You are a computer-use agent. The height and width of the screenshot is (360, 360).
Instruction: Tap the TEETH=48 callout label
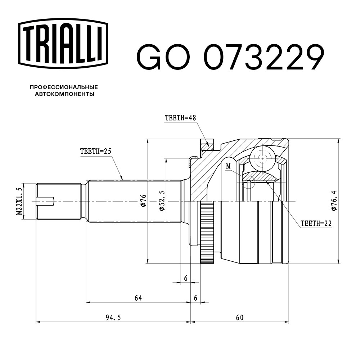click(180, 118)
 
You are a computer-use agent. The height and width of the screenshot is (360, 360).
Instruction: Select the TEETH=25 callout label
click(96, 151)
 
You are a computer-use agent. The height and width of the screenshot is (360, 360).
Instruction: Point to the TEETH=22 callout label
click(316, 223)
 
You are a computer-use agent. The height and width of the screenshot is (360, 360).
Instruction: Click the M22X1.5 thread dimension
click(19, 201)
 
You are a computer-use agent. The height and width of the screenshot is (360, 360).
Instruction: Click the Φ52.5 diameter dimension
click(162, 201)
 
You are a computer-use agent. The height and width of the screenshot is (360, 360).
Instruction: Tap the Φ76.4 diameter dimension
click(334, 201)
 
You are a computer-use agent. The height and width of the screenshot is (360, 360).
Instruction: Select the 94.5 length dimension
click(113, 318)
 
